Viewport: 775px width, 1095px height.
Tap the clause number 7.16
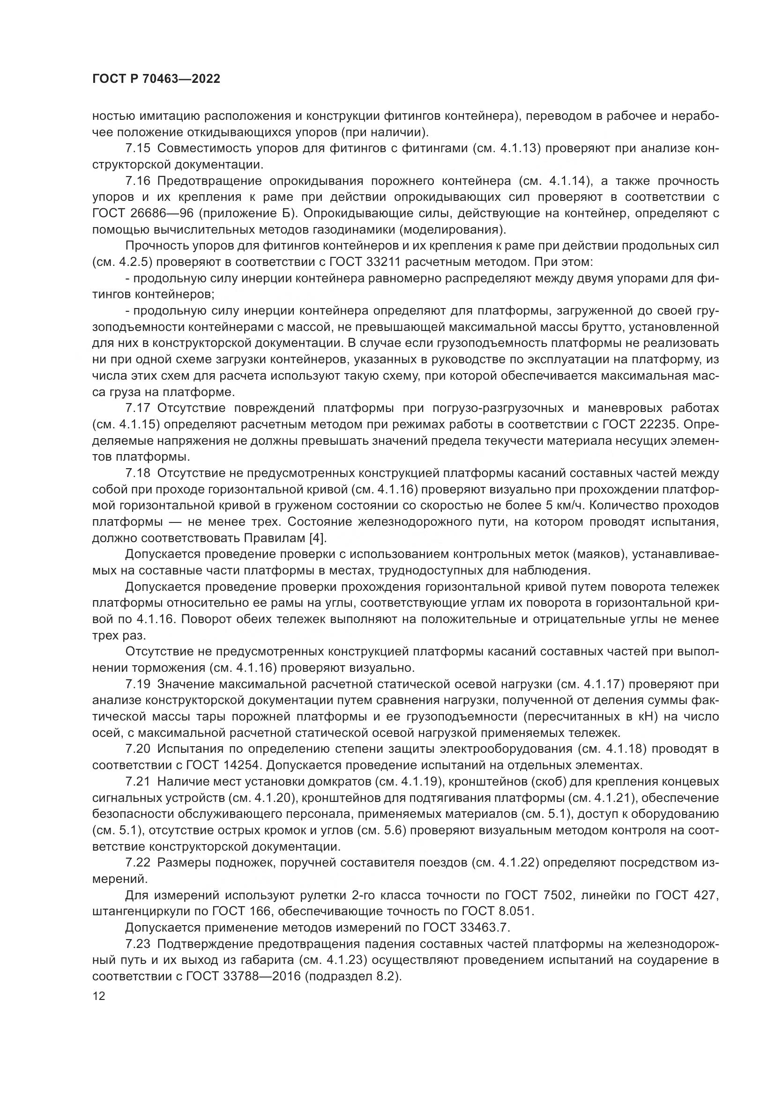click(138, 181)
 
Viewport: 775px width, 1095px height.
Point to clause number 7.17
click(138, 408)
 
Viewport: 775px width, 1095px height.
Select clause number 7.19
click(138, 684)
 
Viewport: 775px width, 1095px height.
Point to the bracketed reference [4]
click(318, 537)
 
